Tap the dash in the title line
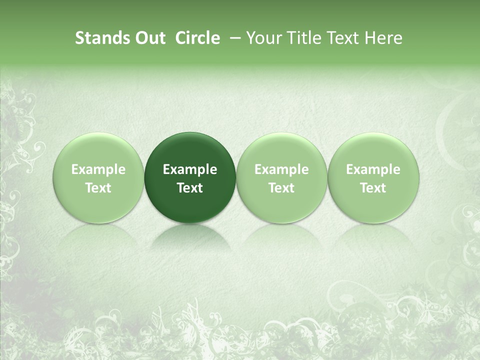pyautogui.click(x=233, y=38)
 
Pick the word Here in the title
pyautogui.click(x=383, y=38)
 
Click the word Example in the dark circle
pyautogui.click(x=190, y=169)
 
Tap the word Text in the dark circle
pyautogui.click(x=190, y=188)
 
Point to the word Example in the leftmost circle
pyautogui.click(x=98, y=169)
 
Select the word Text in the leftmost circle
pyautogui.click(x=98, y=188)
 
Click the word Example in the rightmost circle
pyautogui.click(x=373, y=169)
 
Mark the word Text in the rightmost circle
pyautogui.click(x=373, y=188)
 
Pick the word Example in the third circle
pyautogui.click(x=281, y=169)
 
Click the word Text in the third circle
pyautogui.click(x=281, y=188)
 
